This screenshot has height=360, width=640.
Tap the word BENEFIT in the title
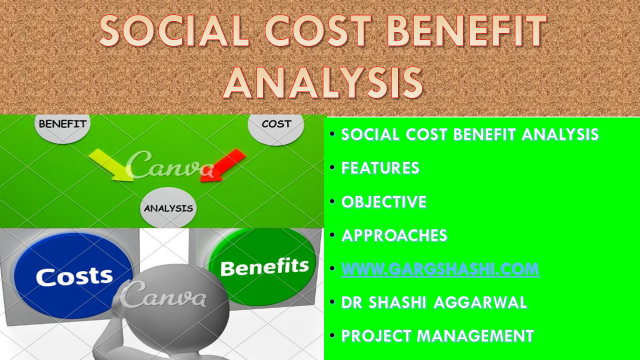click(x=456, y=32)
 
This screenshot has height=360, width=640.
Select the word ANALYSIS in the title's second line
click(x=321, y=80)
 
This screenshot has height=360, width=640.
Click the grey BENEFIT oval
click(x=63, y=125)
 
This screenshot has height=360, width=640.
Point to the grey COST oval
click(x=276, y=126)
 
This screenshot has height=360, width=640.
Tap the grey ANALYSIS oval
click(x=168, y=208)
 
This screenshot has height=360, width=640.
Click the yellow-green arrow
click(x=110, y=164)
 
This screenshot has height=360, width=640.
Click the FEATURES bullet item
click(x=380, y=168)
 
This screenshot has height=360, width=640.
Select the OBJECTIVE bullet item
click(x=384, y=201)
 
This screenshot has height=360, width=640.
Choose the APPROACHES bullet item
click(x=393, y=235)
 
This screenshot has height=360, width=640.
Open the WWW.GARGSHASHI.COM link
click(x=440, y=268)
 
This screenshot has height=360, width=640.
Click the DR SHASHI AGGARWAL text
click(x=434, y=301)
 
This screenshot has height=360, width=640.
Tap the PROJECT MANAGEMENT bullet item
click(x=438, y=335)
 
